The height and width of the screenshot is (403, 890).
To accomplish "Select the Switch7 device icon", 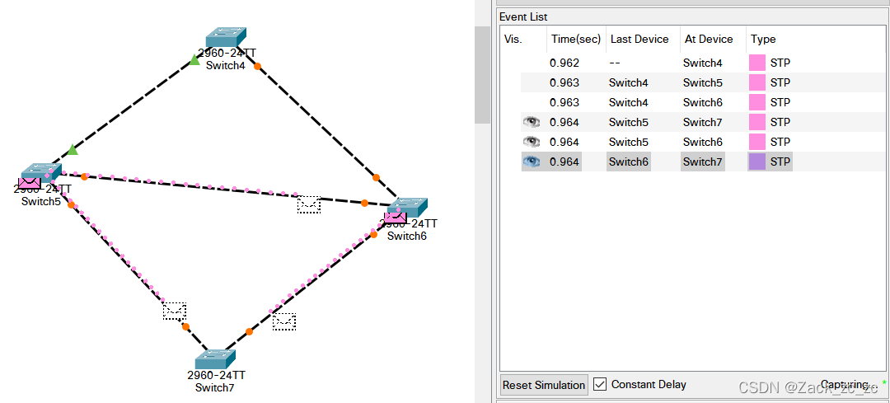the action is [x=217, y=358].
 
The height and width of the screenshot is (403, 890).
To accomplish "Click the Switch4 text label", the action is [x=226, y=66].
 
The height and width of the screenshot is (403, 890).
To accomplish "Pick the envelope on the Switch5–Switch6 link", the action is [x=308, y=204].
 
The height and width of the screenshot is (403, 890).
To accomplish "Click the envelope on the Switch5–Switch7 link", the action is [x=174, y=311].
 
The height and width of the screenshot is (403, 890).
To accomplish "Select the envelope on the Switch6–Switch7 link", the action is [x=284, y=321].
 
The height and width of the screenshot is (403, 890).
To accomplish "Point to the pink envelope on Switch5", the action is [x=30, y=183].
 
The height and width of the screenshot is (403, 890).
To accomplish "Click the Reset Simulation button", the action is [x=544, y=385].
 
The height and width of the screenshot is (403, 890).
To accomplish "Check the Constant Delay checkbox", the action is [x=600, y=385].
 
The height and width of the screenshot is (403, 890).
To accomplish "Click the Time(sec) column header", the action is [x=575, y=39].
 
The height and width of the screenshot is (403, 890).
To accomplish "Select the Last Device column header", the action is [x=639, y=39].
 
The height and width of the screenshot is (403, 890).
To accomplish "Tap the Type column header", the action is [x=763, y=39].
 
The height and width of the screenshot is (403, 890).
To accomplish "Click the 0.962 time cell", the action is [x=564, y=63].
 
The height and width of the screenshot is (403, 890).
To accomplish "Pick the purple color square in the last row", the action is [x=756, y=162].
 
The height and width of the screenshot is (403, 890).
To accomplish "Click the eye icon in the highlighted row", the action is [x=532, y=162].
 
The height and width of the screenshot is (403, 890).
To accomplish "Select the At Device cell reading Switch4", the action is [x=702, y=63].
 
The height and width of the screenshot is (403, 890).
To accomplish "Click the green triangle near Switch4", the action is [x=194, y=60].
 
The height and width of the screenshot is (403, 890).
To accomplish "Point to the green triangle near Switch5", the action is [x=73, y=149].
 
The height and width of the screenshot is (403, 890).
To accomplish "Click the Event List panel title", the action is [x=523, y=16].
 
